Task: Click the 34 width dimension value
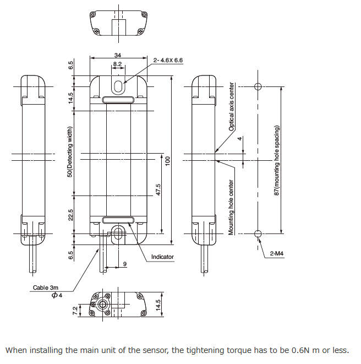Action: point(118,55)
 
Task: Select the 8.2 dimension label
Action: point(118,64)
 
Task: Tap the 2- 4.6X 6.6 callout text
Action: point(168,60)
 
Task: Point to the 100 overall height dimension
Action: point(168,160)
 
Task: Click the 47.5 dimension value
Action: point(158,189)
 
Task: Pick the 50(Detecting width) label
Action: point(70,152)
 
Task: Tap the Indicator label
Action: point(162,257)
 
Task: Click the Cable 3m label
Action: point(45,287)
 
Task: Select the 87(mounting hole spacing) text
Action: point(277,160)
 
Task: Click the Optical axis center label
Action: point(232,107)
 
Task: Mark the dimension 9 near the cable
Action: point(125,264)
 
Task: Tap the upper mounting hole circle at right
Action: point(258,86)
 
